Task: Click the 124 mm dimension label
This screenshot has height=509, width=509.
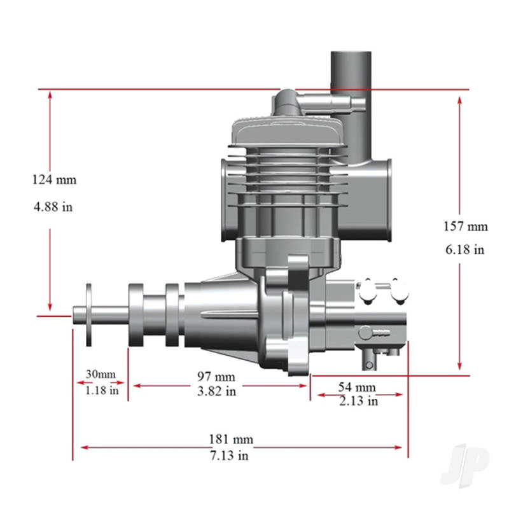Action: coord(54,179)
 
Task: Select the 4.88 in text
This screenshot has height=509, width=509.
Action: coord(54,207)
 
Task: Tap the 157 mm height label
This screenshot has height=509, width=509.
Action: coord(465,226)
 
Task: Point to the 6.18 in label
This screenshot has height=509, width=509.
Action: coord(465,250)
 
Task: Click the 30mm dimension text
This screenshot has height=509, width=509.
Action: coord(101,373)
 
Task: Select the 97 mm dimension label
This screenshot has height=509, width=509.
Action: coord(216,377)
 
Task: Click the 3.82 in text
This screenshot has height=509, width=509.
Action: coord(216,391)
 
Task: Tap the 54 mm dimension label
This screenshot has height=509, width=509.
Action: coord(356,387)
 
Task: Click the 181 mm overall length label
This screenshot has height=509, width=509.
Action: coord(231,439)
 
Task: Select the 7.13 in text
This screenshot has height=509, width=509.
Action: coord(231,455)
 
